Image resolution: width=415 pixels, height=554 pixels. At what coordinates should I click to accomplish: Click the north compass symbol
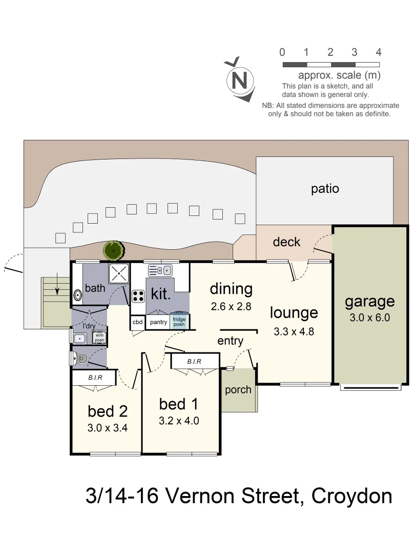point(239,80)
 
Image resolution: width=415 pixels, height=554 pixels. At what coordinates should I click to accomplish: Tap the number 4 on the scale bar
point(378,52)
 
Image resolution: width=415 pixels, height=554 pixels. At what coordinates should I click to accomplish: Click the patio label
point(325,189)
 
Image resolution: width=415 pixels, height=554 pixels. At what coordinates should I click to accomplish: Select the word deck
point(286,242)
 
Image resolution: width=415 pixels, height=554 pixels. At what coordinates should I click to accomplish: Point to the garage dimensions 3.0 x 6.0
point(369,318)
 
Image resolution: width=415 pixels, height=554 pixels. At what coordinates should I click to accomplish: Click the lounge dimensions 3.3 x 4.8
point(294,331)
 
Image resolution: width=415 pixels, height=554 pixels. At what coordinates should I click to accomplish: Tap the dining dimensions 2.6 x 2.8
point(231,307)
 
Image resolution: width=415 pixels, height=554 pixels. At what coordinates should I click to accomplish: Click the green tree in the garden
point(113,250)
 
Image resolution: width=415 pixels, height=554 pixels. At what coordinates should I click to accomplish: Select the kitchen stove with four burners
point(138,295)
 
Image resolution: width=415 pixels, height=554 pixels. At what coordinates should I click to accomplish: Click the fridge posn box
point(179,322)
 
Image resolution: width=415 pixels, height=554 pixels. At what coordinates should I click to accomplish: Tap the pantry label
point(158,322)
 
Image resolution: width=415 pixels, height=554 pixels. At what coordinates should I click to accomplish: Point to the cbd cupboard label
point(137,322)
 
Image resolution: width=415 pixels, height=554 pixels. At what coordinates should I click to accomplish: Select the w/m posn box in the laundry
point(99,338)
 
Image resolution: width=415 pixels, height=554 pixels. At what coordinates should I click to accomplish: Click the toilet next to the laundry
point(80,360)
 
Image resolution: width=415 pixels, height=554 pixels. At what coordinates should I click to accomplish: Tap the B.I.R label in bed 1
point(194,362)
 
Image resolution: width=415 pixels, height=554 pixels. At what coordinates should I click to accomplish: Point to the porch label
point(238,390)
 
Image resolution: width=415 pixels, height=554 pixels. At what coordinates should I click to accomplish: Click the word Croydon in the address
point(352,496)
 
